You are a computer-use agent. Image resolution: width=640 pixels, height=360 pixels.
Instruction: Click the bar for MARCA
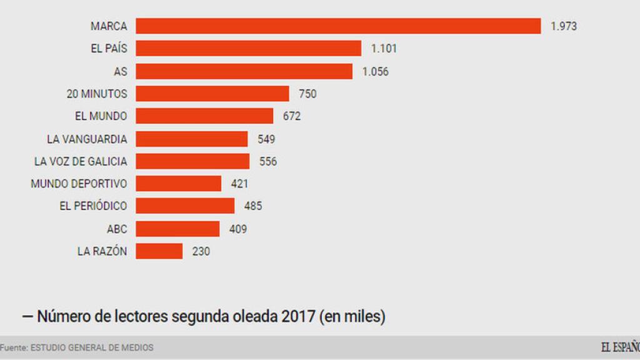[x=338, y=26]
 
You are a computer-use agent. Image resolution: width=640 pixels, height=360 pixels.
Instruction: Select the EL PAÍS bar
[x=248, y=48]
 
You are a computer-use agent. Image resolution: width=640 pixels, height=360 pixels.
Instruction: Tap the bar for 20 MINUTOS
[x=212, y=94]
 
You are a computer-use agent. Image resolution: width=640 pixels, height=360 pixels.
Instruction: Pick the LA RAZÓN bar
[x=159, y=251]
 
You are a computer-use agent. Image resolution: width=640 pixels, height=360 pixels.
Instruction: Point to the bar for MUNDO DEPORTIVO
[x=179, y=184]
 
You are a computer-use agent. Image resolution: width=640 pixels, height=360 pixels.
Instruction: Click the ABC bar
[x=177, y=229]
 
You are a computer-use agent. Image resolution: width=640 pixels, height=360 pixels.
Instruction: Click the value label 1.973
[x=563, y=26]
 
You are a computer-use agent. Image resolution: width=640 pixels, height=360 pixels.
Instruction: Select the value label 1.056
[x=375, y=71]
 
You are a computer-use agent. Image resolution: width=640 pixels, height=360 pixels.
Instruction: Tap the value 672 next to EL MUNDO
[x=291, y=116]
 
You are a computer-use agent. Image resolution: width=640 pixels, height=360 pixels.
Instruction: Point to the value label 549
[x=266, y=139]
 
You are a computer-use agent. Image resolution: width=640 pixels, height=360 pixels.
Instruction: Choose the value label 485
[x=252, y=206]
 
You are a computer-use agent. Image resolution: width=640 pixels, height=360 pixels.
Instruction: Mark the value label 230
[x=201, y=251]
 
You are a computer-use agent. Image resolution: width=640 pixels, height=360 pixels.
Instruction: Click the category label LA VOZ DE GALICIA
[x=81, y=161]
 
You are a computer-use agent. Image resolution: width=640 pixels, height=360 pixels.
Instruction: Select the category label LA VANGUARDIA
[x=87, y=139]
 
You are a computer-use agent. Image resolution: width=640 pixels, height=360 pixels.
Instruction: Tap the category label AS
[x=120, y=71]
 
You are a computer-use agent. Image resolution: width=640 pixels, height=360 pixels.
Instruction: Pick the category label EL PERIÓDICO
[x=93, y=206]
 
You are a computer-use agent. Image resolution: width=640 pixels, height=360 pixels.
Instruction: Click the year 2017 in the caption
[x=298, y=317]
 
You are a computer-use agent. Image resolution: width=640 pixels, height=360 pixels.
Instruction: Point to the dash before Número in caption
[x=27, y=317]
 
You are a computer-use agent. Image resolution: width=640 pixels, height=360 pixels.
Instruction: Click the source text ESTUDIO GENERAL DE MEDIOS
[x=92, y=347]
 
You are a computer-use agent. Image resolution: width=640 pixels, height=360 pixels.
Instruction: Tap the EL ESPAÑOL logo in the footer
[x=620, y=347]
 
